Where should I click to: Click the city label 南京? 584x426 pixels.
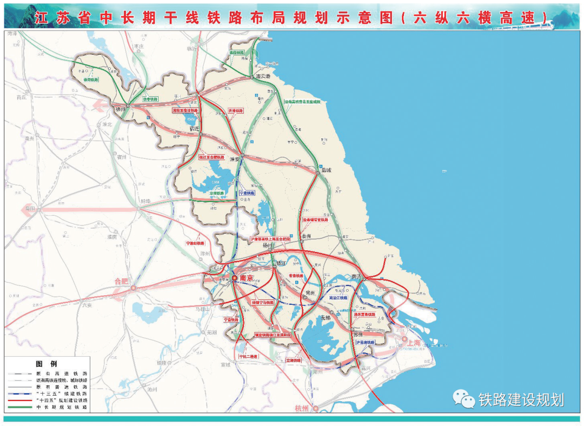point(247,278)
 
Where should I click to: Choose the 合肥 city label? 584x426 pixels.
point(122,281)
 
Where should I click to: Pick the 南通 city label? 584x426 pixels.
point(356,276)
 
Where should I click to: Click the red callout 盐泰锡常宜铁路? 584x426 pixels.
point(315,220)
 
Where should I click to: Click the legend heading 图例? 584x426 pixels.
point(46,363)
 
